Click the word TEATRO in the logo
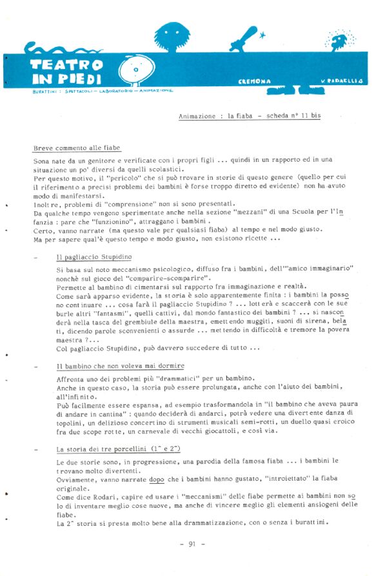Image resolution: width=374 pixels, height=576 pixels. (67, 65)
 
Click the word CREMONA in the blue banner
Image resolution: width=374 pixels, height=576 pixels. (255, 81)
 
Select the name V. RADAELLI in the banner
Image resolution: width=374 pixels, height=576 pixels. (342, 81)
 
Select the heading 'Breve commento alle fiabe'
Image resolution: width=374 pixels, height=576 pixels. (77, 148)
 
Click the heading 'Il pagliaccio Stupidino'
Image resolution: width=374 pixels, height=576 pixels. (93, 257)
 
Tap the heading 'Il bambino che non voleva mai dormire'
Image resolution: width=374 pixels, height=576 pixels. (120, 366)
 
